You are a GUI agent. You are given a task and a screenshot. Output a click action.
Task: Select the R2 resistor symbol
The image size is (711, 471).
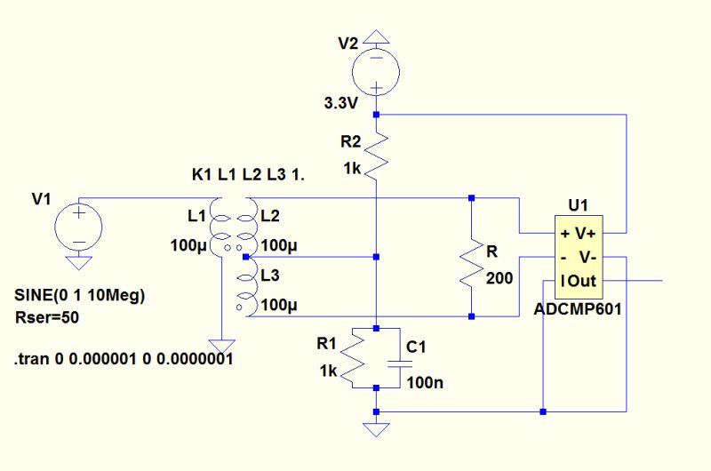[376, 151]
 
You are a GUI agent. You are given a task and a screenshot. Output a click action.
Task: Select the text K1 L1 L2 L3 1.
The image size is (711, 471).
[248, 175]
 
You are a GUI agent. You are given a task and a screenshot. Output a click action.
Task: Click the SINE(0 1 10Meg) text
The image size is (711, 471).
[80, 294]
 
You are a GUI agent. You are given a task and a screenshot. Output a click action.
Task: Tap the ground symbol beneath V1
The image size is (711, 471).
[78, 261]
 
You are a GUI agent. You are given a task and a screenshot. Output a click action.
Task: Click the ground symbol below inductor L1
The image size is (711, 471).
[219, 345]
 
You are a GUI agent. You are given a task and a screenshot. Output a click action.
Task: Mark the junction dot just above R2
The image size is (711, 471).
[376, 115]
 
